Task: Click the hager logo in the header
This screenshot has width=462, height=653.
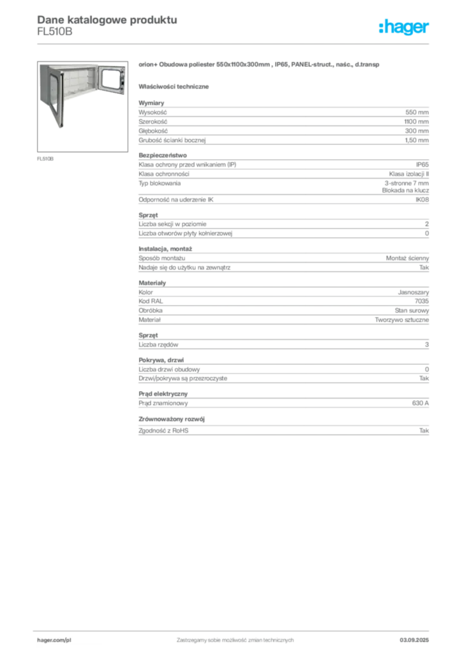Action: click(404, 27)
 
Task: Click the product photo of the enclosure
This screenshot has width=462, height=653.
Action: click(82, 106)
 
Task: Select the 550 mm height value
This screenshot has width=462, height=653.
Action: click(417, 112)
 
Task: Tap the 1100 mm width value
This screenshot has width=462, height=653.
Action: click(416, 122)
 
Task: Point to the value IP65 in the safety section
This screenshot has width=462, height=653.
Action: click(422, 165)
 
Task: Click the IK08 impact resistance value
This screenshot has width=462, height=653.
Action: click(422, 200)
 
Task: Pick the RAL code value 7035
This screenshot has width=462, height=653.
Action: click(422, 301)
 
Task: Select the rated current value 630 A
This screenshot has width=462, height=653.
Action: click(421, 403)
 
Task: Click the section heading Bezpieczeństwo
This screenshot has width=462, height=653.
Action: click(163, 156)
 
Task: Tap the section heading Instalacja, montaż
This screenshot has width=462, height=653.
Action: click(165, 249)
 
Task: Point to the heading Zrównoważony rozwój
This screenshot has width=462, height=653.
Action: click(172, 419)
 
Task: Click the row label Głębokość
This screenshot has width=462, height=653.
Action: click(153, 131)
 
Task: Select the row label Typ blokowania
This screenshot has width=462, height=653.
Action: click(160, 183)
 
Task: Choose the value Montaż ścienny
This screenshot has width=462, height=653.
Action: click(407, 258)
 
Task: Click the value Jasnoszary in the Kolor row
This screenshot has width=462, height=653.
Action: click(414, 292)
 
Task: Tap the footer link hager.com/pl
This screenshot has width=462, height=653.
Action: click(54, 640)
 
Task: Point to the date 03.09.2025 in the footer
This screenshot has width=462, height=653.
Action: click(414, 640)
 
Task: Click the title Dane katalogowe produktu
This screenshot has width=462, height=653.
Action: click(107, 20)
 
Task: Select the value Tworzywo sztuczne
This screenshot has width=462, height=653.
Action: click(401, 320)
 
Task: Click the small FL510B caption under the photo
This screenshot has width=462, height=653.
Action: click(45, 159)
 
